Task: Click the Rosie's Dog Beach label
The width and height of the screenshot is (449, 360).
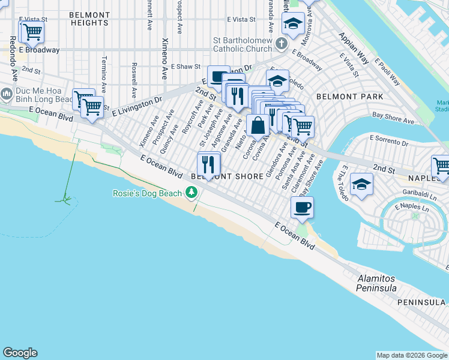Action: click(x=148, y=193)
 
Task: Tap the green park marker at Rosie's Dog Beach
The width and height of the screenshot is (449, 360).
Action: click(x=191, y=192)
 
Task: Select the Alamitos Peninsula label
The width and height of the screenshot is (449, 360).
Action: click(x=377, y=283)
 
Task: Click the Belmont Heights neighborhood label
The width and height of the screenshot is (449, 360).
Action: click(x=89, y=19)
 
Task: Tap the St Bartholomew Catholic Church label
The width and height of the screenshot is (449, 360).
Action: click(x=243, y=45)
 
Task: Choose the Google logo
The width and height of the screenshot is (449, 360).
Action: click(x=20, y=353)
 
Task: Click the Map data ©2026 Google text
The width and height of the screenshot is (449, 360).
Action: click(x=412, y=355)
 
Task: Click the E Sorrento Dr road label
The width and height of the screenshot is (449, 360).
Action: click(x=388, y=141)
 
